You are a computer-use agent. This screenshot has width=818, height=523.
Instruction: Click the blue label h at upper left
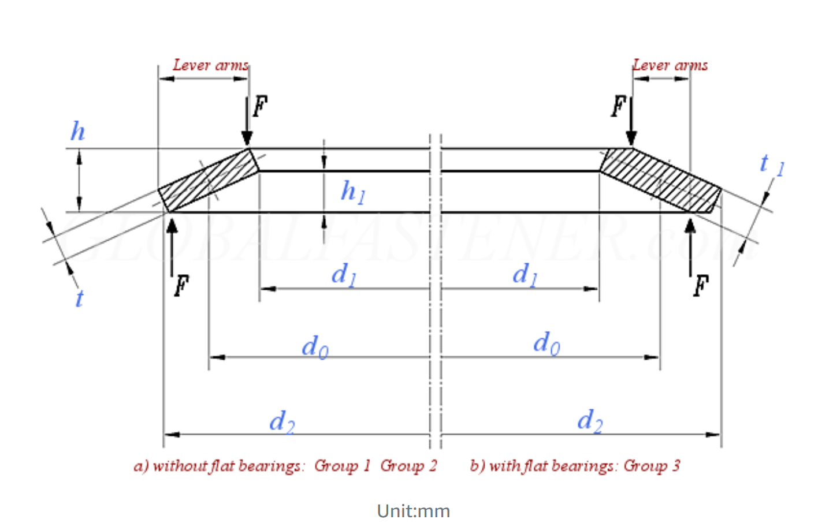[77, 132]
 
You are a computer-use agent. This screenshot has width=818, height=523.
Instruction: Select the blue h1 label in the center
[352, 192]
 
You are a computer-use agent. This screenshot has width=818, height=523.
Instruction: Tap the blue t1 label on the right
[771, 165]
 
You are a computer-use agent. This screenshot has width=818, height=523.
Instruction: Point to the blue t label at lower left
[79, 298]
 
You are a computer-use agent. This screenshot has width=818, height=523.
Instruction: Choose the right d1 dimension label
[525, 274]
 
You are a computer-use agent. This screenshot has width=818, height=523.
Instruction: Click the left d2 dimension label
[282, 422]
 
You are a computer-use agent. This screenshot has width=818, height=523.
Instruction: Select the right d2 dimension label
[590, 421]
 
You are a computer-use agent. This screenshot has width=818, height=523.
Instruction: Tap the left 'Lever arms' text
[210, 65]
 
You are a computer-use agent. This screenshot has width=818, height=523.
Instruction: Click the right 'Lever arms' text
[670, 65]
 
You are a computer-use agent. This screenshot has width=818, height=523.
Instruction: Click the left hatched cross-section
[208, 180]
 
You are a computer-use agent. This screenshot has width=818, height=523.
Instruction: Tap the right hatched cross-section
[660, 180]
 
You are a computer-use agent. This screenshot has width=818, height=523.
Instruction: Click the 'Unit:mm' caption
[413, 511]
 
